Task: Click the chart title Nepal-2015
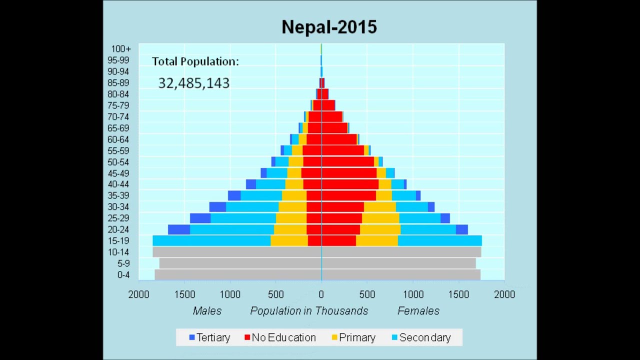[329, 27]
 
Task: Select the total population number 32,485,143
[194, 83]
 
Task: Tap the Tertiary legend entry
[209, 337]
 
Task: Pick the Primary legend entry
[353, 337]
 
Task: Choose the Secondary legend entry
[421, 337]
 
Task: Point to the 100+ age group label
[121, 49]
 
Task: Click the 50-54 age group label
[118, 162]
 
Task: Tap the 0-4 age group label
[123, 275]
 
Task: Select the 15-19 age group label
[118, 241]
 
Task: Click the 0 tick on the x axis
[321, 294]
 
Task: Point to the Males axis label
[207, 311]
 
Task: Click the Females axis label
[418, 311]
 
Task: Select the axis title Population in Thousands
[309, 311]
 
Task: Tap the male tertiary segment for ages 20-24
[179, 229]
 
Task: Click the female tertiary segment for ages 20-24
[461, 229]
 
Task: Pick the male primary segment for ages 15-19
[289, 240]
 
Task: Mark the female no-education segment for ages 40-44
[350, 184]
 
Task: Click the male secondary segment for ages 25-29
[243, 218]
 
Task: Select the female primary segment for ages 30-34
[380, 207]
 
